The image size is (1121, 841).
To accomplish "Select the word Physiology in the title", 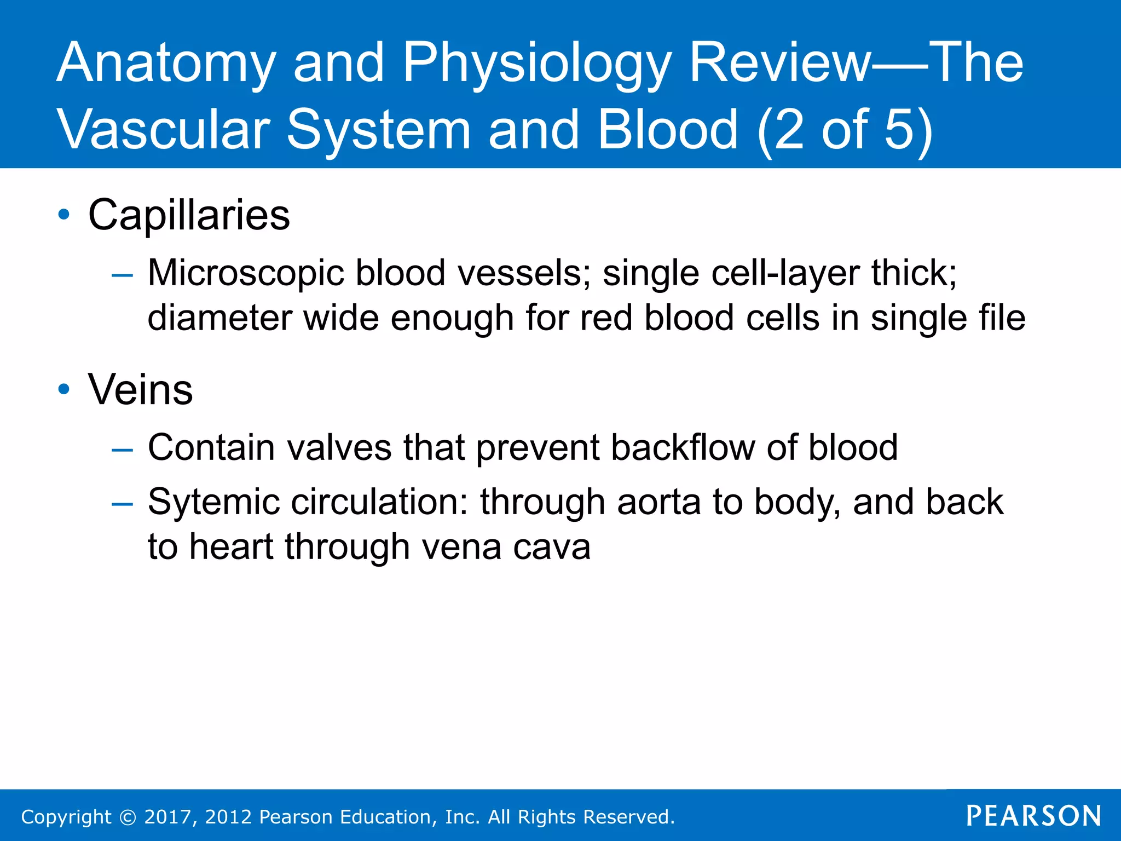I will tap(536, 65).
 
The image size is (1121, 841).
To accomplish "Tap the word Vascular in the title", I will tap(164, 130).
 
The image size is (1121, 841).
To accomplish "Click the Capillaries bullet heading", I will tap(189, 215).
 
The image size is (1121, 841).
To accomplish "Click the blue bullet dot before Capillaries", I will tap(64, 215).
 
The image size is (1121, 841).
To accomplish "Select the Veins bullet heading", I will tap(141, 389).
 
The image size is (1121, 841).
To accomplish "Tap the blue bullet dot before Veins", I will tap(64, 389).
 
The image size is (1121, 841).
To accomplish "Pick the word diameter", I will tap(219, 318).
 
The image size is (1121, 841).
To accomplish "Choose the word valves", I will tap(339, 447).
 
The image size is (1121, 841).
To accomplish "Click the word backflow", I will tap(682, 447).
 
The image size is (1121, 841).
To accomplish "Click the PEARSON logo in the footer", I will tap(1033, 816).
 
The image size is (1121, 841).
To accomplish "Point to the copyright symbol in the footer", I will tap(128, 817).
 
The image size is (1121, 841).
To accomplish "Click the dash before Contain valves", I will tap(122, 450).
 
